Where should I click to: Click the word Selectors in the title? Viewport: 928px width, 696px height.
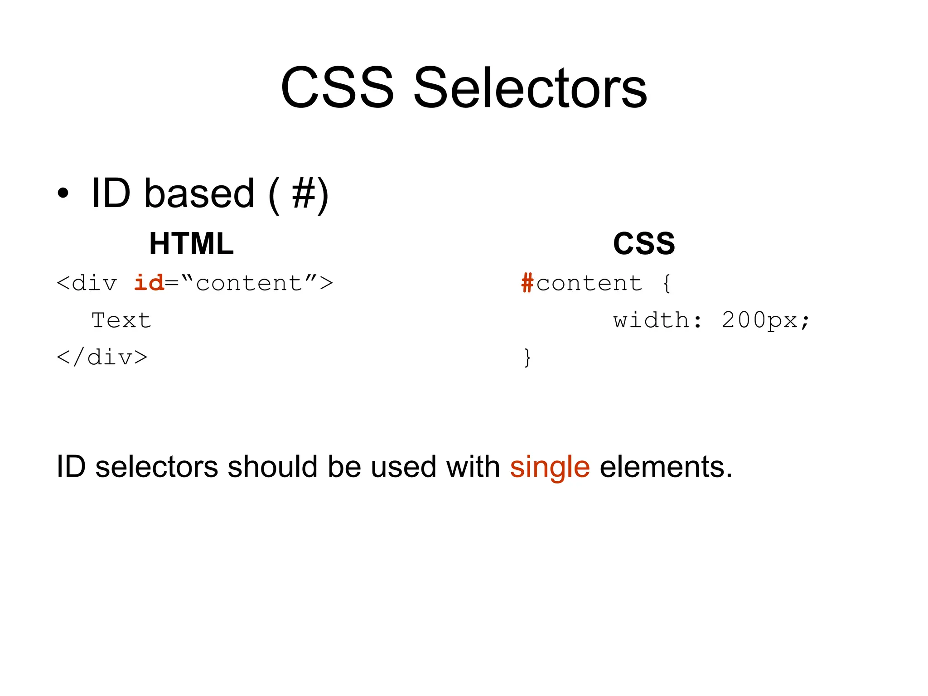tap(530, 88)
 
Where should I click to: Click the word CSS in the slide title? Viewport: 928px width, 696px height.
tap(337, 88)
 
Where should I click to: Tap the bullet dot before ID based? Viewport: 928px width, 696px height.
tap(63, 193)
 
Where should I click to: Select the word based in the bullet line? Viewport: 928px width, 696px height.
tap(199, 194)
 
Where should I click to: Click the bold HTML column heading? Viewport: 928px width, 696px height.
tap(191, 244)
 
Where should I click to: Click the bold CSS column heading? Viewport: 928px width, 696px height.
tap(644, 244)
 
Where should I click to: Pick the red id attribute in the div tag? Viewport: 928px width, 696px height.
tap(149, 283)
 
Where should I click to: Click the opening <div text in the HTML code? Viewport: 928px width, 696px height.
tap(87, 284)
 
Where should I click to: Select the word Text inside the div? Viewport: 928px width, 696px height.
tap(121, 320)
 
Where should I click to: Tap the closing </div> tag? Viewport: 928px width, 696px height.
tap(102, 358)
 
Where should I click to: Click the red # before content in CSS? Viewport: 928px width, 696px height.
tap(527, 283)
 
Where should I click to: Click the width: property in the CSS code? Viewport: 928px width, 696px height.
tap(657, 320)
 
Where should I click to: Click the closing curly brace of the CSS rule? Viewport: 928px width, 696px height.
tap(527, 358)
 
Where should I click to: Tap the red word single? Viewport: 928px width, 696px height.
tap(550, 468)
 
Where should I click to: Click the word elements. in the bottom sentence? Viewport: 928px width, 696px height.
tap(666, 467)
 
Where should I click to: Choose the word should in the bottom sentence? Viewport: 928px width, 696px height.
tap(272, 467)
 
